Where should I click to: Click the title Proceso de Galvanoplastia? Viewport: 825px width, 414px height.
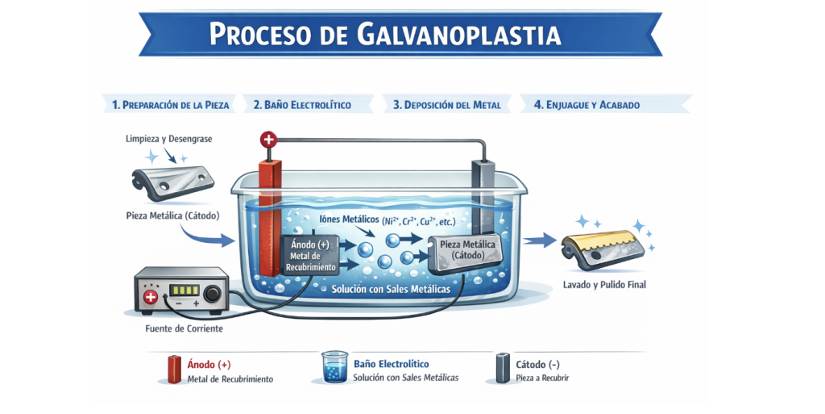[x=384, y=35]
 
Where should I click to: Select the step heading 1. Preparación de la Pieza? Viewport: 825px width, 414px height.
[x=171, y=104]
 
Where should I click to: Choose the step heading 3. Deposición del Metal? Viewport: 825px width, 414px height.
[x=446, y=104]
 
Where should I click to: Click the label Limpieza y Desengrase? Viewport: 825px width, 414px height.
[x=169, y=140]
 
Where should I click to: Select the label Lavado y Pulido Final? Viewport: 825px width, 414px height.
[x=604, y=285]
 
